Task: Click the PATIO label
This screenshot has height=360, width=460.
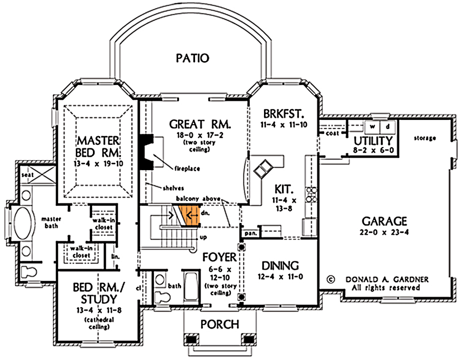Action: pos(193,58)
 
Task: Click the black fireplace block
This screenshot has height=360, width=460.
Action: pos(146,152)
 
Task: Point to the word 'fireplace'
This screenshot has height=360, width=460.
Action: pos(187,169)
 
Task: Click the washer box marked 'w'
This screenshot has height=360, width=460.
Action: pos(373,126)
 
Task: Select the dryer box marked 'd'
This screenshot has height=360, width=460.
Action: pos(387,126)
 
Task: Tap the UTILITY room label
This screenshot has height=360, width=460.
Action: pos(373,141)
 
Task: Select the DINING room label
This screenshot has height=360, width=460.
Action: pos(280,265)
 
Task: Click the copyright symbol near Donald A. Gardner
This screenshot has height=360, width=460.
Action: pos(330,279)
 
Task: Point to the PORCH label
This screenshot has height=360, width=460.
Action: pos(220,324)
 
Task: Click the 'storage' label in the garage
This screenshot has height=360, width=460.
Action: pos(425,138)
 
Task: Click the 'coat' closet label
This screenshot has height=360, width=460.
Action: pos(332,133)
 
